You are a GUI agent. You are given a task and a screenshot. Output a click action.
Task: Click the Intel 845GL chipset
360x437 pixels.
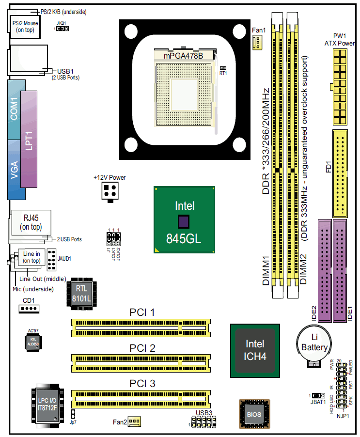185,220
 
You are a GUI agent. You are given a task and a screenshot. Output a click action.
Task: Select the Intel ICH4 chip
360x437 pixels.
255,350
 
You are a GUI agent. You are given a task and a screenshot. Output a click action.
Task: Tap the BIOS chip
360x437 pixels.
253,415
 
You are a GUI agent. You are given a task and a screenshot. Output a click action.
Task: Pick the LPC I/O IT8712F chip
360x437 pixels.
47,405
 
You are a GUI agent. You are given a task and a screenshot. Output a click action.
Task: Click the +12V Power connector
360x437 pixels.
110,192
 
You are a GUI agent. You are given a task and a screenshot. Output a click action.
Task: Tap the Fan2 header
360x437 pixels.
134,422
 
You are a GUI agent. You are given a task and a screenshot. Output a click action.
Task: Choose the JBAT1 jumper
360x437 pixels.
318,396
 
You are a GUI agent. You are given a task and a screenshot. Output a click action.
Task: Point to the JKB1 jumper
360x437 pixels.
62,29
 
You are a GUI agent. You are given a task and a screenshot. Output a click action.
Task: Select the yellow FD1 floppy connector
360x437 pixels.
340,173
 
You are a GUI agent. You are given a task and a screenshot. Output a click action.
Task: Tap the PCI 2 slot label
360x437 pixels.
142,348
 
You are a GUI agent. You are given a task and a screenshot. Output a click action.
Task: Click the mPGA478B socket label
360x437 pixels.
183,56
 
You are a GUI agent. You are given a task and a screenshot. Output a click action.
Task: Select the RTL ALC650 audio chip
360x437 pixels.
33,342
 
